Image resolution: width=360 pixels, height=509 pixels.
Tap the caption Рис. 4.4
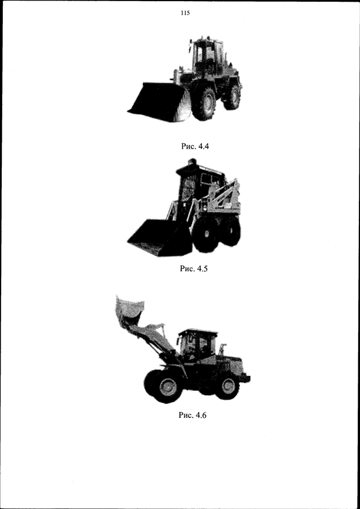pyautogui.click(x=195, y=146)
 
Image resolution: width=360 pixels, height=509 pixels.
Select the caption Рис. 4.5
pyautogui.click(x=193, y=269)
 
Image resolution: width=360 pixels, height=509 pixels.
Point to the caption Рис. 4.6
pyautogui.click(x=192, y=415)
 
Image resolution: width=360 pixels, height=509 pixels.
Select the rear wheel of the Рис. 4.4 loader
pyautogui.click(x=232, y=97)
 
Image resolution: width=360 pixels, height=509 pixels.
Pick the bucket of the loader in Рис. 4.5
pyautogui.click(x=160, y=238)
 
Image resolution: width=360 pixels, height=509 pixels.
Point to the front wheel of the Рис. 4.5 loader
pyautogui.click(x=205, y=235)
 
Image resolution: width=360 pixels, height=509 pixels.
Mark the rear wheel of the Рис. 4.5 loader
pyautogui.click(x=231, y=231)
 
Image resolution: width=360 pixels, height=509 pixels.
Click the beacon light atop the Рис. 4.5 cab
pyautogui.click(x=193, y=161)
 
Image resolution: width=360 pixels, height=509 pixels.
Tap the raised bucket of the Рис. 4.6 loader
pyautogui.click(x=130, y=310)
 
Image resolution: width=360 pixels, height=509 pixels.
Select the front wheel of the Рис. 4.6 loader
pyautogui.click(x=167, y=387)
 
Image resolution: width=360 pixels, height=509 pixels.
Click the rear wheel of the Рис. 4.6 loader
pyautogui.click(x=227, y=386)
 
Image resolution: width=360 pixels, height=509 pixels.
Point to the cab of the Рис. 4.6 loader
pyautogui.click(x=197, y=346)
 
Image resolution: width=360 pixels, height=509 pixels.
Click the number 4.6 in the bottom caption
pyautogui.click(x=201, y=415)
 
